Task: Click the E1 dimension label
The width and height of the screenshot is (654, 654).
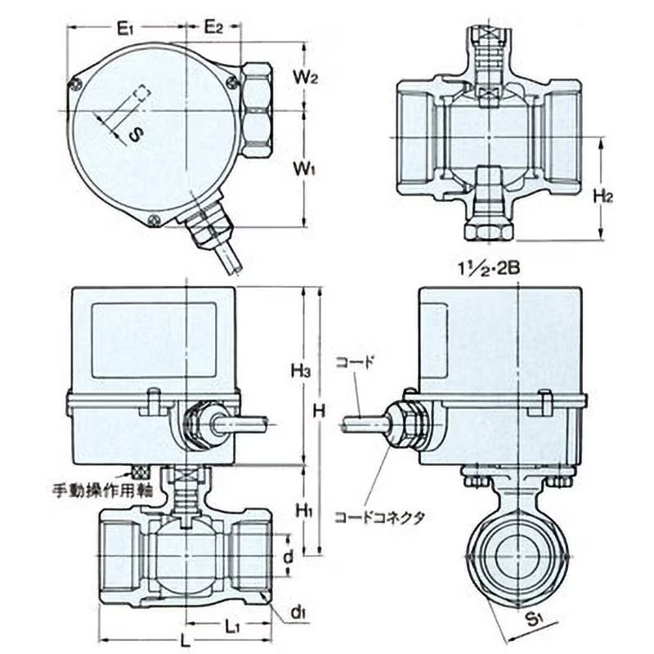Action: tap(125, 29)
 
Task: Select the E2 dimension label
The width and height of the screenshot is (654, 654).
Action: tap(213, 28)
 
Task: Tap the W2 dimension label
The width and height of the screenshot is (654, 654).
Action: tap(305, 78)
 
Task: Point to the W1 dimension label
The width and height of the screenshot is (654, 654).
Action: tap(304, 170)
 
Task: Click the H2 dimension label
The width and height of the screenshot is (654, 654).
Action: tap(603, 195)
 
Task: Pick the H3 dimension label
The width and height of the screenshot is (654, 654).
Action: tap(301, 371)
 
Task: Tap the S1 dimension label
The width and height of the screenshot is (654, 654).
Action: tap(535, 620)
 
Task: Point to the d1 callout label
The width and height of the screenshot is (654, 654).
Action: tap(298, 613)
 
